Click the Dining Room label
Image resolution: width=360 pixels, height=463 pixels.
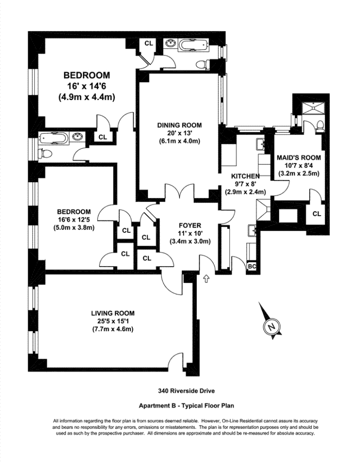click(x=180, y=125)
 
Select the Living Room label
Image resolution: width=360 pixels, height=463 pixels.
click(x=113, y=313)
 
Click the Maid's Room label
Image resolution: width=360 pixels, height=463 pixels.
click(x=298, y=157)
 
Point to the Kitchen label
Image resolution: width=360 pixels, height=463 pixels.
click(x=245, y=176)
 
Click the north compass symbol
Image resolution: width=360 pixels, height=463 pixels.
click(x=271, y=327)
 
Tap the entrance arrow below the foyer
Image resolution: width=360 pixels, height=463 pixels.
click(x=206, y=279)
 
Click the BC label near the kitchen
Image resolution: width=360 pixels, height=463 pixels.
click(x=252, y=267)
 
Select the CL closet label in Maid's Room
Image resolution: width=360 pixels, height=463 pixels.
click(x=317, y=214)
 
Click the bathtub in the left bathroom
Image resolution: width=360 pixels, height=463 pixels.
click(x=54, y=138)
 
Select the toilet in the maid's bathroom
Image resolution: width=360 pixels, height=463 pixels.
click(x=321, y=125)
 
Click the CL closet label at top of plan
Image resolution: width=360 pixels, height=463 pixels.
click(x=149, y=44)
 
